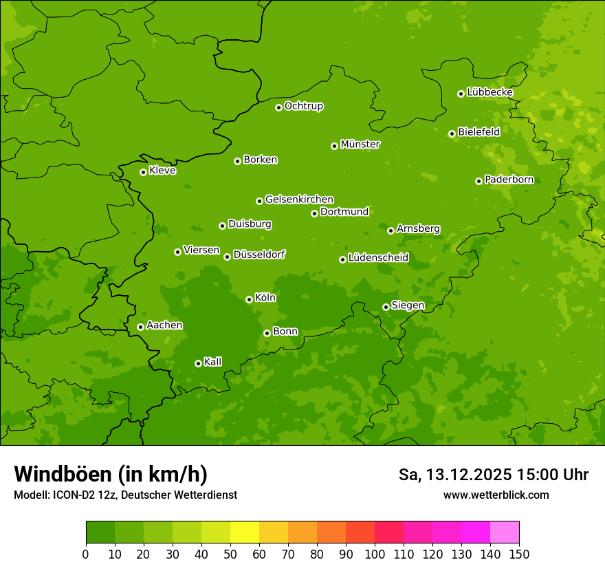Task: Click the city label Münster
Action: tap(360, 144)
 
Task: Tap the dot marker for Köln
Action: tap(249, 299)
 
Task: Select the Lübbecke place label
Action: tap(489, 92)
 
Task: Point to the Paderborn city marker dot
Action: tap(478, 181)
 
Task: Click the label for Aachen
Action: tap(164, 325)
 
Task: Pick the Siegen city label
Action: tap(408, 305)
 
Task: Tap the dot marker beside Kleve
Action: tap(143, 172)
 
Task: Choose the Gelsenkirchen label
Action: tap(299, 200)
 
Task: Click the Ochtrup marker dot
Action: tap(278, 107)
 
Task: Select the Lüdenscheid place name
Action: tap(378, 258)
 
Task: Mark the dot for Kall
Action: tap(198, 363)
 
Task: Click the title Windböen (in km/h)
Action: tap(111, 474)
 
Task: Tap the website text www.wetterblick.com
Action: tap(496, 495)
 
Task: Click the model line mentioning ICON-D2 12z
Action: tap(125, 495)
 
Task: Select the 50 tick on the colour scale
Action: tap(230, 554)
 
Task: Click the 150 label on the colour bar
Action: tap(519, 554)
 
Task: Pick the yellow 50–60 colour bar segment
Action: tap(245, 532)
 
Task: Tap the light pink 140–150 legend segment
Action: tap(505, 532)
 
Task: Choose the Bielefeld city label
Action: tap(478, 131)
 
